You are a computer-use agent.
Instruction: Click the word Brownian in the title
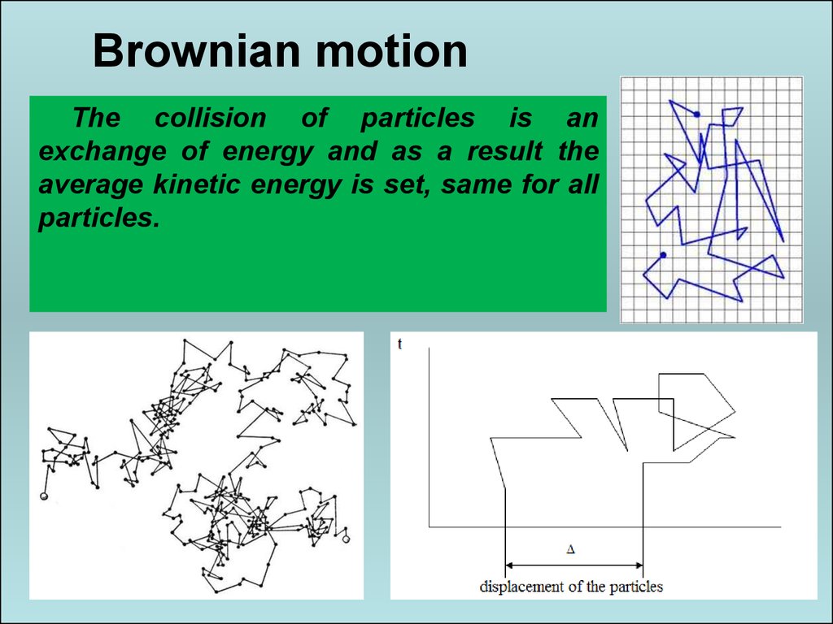(196, 51)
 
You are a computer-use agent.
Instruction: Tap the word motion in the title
(391, 51)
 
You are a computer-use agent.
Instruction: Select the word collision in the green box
(211, 117)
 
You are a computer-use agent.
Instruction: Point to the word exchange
(102, 151)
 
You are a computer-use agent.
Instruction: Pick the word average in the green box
(90, 185)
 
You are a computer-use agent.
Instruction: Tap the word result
(505, 150)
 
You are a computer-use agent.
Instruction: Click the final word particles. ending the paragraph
(99, 218)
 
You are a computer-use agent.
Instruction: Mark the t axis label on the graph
(399, 344)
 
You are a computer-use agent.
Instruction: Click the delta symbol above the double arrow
(571, 549)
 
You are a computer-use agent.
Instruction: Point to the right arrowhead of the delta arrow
(639, 565)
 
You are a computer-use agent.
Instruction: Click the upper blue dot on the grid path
(696, 114)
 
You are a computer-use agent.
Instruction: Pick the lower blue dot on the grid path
(663, 255)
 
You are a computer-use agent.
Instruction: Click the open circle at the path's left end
(44, 496)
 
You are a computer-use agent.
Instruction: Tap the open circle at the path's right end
(346, 539)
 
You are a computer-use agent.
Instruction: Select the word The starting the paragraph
(97, 117)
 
